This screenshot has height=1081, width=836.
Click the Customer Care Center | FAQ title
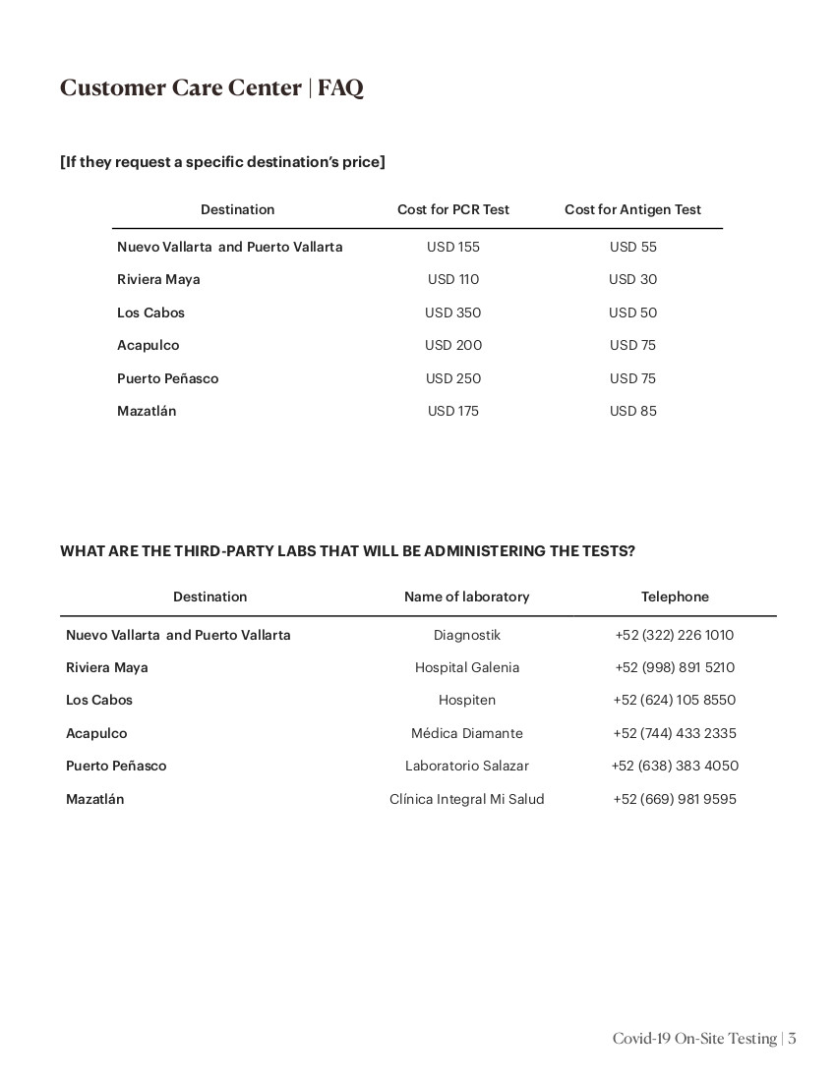[x=211, y=87]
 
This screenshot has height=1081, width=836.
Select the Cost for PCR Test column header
[x=453, y=209]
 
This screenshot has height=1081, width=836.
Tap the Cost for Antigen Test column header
[x=632, y=209]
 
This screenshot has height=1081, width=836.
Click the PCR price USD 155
[x=453, y=247]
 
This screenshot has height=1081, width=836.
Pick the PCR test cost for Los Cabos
[x=453, y=313]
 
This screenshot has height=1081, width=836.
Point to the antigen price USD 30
[x=632, y=279]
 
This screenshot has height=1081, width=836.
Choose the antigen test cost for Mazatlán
[x=632, y=411]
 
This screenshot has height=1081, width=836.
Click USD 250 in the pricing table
[x=453, y=378]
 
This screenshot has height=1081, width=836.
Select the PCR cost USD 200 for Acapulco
[x=453, y=345]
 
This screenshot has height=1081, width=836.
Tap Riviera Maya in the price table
[x=158, y=279]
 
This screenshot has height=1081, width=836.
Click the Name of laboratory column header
[x=466, y=597]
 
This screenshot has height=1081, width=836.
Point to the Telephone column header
[x=675, y=597]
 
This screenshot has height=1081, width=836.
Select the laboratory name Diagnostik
[x=466, y=635]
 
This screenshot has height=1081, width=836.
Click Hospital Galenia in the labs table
[x=466, y=667]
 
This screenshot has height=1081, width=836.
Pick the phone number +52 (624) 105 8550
[x=674, y=700]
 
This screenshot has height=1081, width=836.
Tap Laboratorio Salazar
[x=466, y=766]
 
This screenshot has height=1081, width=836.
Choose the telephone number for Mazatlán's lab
[x=674, y=799]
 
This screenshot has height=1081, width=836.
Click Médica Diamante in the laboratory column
[x=466, y=733]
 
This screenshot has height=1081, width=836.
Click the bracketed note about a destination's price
[x=222, y=161]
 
